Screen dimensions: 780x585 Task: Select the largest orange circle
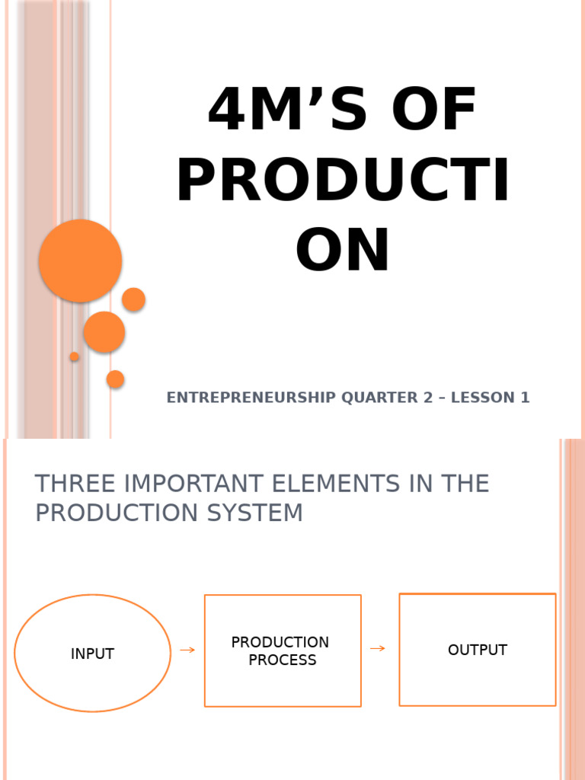(x=81, y=261)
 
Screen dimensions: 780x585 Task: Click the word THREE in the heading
(x=75, y=484)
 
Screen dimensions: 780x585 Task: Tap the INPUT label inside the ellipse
(x=92, y=654)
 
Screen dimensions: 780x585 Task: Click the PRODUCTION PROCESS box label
(x=281, y=651)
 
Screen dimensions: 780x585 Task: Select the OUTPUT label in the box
(x=477, y=650)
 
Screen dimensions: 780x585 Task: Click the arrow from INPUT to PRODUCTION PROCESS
(x=187, y=650)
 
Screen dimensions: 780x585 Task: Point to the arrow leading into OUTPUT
(x=377, y=648)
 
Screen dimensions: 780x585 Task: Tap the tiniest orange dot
(x=74, y=356)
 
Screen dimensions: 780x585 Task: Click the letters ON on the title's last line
(x=343, y=251)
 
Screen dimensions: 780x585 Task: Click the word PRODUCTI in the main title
(x=343, y=181)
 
